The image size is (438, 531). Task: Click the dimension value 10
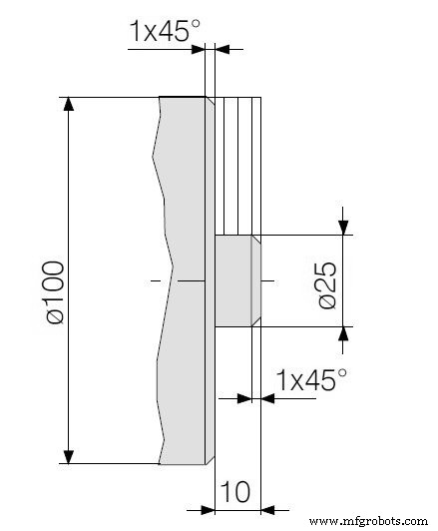[x=236, y=492]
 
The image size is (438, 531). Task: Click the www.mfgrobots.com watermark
[x=369, y=521]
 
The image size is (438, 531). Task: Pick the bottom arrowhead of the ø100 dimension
[x=68, y=456]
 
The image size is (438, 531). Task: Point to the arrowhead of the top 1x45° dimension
[x=221, y=47]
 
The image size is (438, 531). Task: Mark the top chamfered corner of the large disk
[x=210, y=100]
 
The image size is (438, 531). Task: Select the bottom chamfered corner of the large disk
[x=210, y=461]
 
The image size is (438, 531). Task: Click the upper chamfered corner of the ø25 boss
[x=256, y=239]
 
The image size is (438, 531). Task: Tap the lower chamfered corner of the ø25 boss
[x=256, y=323]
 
